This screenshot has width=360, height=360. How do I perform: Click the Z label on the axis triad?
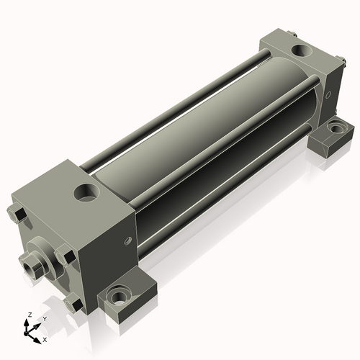(x=30, y=315)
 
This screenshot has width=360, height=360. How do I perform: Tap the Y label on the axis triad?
(x=45, y=319)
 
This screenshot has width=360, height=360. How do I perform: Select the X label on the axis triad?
(x=45, y=340)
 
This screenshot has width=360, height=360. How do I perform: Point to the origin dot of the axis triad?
(x=26, y=333)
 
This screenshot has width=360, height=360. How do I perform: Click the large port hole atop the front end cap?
(x=87, y=193)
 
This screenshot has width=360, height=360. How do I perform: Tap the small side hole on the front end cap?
(x=129, y=240)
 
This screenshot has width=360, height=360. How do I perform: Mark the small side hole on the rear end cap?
(x=328, y=94)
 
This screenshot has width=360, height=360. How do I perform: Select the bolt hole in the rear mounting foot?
(x=336, y=128)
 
